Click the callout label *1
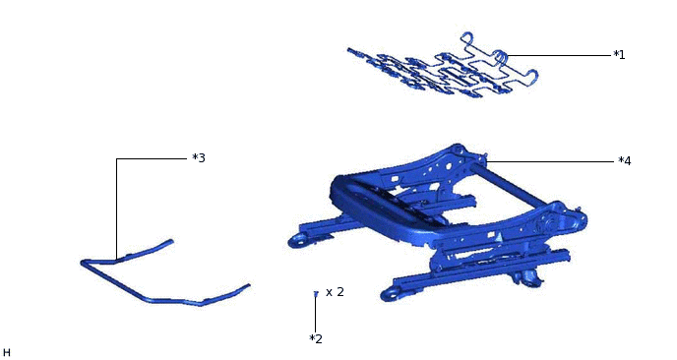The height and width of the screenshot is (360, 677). click(619, 55)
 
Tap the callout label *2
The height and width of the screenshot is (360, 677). click(316, 338)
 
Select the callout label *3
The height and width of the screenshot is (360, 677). click(199, 158)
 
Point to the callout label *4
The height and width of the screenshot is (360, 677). click(624, 161)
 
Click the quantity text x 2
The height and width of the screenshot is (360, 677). click(335, 292)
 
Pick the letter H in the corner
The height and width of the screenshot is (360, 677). click(7, 353)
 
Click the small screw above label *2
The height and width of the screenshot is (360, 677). click(316, 294)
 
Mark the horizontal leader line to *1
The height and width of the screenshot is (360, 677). click(558, 55)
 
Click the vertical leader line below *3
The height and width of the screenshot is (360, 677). click(116, 209)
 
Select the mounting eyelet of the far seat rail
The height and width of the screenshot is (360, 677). click(296, 240)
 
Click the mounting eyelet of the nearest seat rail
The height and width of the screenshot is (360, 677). click(391, 294)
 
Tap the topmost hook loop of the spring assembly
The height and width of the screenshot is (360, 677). click(467, 37)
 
